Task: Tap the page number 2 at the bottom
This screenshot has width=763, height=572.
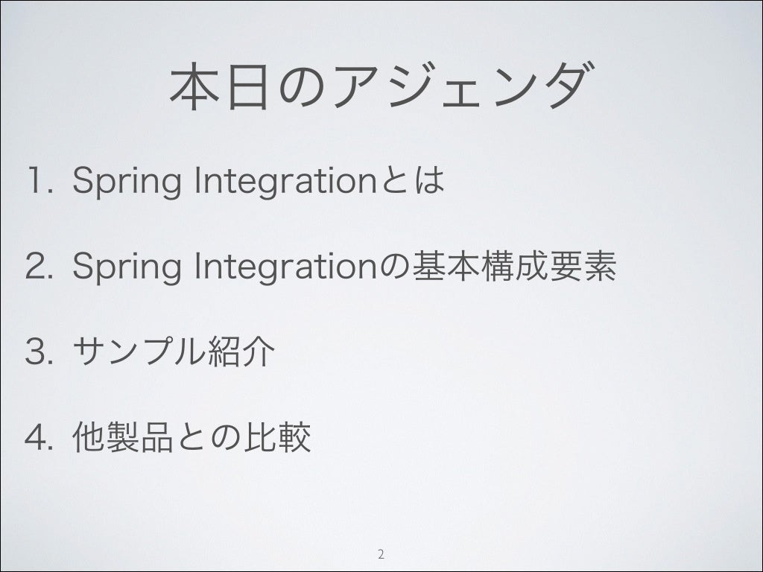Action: [381, 553]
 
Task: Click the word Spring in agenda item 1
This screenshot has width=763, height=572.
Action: [127, 182]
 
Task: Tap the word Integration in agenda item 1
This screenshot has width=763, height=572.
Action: [285, 182]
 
